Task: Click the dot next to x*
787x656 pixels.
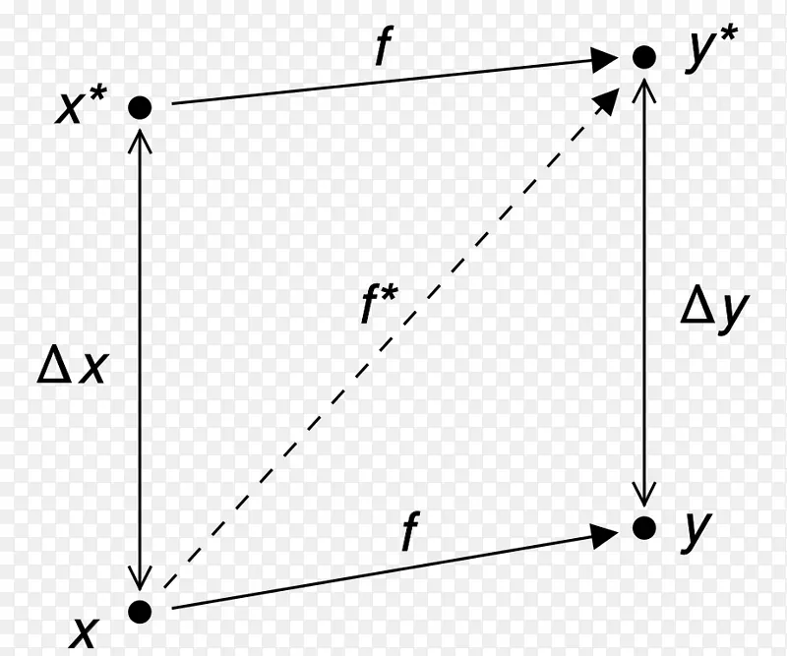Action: tap(140, 107)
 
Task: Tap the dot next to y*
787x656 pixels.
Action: tap(644, 57)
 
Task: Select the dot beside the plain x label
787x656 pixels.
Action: tap(140, 612)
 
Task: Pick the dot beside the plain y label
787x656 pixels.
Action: tap(644, 527)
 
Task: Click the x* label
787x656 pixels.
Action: tap(81, 105)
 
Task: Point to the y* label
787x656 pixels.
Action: tap(711, 49)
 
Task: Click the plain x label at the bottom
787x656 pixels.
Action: tap(83, 633)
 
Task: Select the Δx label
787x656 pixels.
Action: tap(73, 369)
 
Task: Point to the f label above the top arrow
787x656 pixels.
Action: tap(384, 46)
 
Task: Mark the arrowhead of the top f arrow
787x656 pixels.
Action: tap(604, 60)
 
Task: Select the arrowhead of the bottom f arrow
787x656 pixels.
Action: tap(604, 536)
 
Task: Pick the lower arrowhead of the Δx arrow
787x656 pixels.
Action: tap(140, 578)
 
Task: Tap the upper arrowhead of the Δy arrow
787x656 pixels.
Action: tap(644, 89)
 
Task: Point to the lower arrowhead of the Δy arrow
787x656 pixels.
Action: tap(644, 495)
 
